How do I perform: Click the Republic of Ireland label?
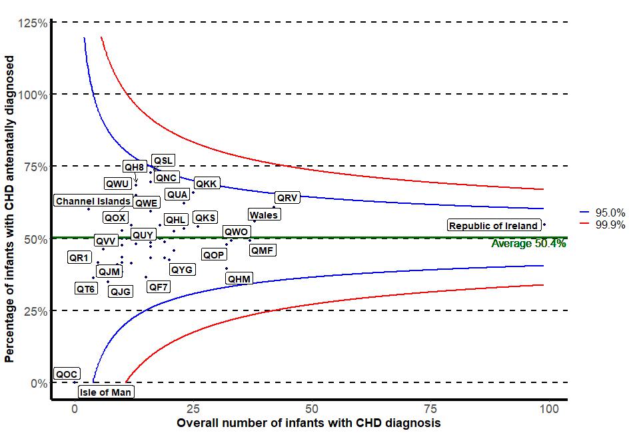click(493, 226)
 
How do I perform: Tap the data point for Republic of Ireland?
click(544, 224)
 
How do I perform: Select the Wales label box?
click(264, 215)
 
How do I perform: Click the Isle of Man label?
click(105, 392)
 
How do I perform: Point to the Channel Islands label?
click(93, 201)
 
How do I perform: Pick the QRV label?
click(288, 198)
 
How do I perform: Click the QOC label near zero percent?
click(67, 374)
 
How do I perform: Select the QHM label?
click(239, 278)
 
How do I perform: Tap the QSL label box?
click(163, 161)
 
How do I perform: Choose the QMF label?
click(262, 250)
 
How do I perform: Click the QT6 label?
click(85, 288)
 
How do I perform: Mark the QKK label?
click(206, 184)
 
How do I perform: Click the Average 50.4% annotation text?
click(528, 244)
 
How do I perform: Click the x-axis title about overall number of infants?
click(309, 423)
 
